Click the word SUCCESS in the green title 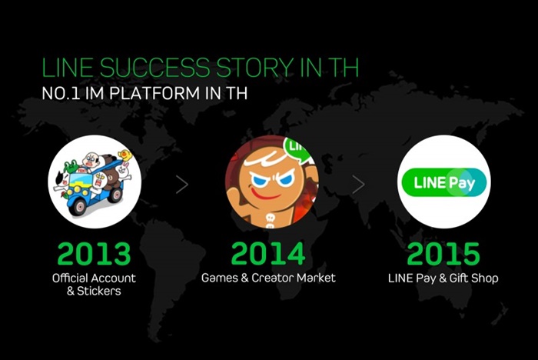click(x=154, y=68)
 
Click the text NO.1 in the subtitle click(x=61, y=93)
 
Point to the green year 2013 click(x=95, y=254)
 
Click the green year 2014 click(x=268, y=254)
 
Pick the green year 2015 click(x=443, y=254)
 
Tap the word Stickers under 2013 click(x=99, y=292)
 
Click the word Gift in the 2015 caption click(x=459, y=278)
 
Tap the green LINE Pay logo click(x=444, y=182)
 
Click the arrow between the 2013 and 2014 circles click(x=182, y=185)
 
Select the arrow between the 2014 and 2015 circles click(x=359, y=185)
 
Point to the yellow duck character click(x=125, y=155)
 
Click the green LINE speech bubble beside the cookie click(x=297, y=148)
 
